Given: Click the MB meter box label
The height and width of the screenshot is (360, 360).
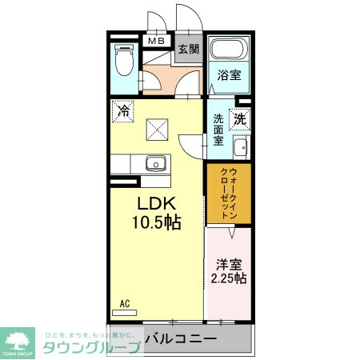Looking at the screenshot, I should tap(155, 40).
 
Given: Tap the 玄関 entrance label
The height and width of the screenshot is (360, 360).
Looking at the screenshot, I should tap(189, 49).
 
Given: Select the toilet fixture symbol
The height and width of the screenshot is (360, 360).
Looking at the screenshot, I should tap(125, 62).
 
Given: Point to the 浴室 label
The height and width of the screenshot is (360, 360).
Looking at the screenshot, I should tap(229, 76).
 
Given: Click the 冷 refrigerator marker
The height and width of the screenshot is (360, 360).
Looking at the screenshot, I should tap(123, 110).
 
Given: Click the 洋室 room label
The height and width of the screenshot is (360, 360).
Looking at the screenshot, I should tap(229, 263).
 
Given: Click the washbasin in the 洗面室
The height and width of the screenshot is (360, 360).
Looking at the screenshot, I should tap(239, 148).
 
